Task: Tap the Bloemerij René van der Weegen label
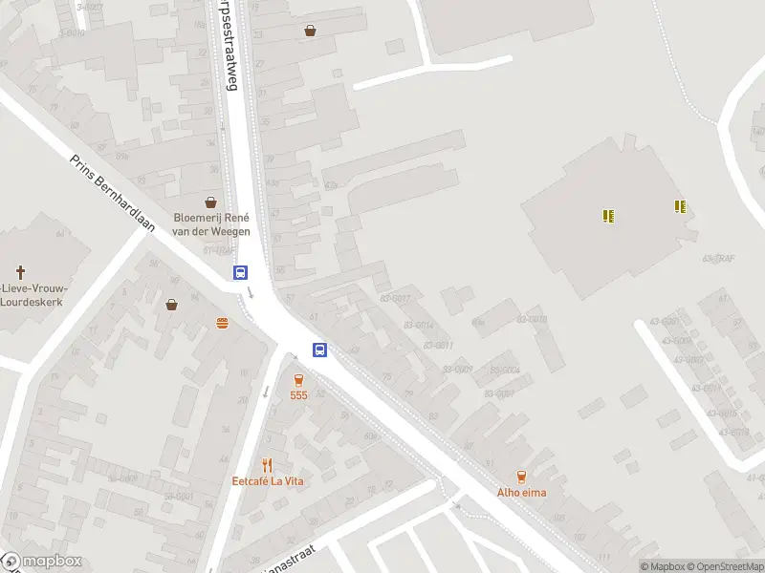pyautogui.click(x=211, y=224)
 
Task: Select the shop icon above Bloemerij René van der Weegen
pyautogui.click(x=211, y=202)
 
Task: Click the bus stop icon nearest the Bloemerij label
pyautogui.click(x=240, y=273)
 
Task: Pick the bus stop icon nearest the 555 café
pyautogui.click(x=320, y=350)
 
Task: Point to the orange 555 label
pyautogui.click(x=299, y=395)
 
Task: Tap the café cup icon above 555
pyautogui.click(x=299, y=379)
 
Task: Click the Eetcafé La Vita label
pyautogui.click(x=268, y=481)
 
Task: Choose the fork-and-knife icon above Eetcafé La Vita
pyautogui.click(x=267, y=465)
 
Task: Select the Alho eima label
pyautogui.click(x=521, y=493)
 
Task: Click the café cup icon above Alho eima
pyautogui.click(x=521, y=477)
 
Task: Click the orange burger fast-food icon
pyautogui.click(x=223, y=323)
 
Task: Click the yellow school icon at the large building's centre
pyautogui.click(x=608, y=216)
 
